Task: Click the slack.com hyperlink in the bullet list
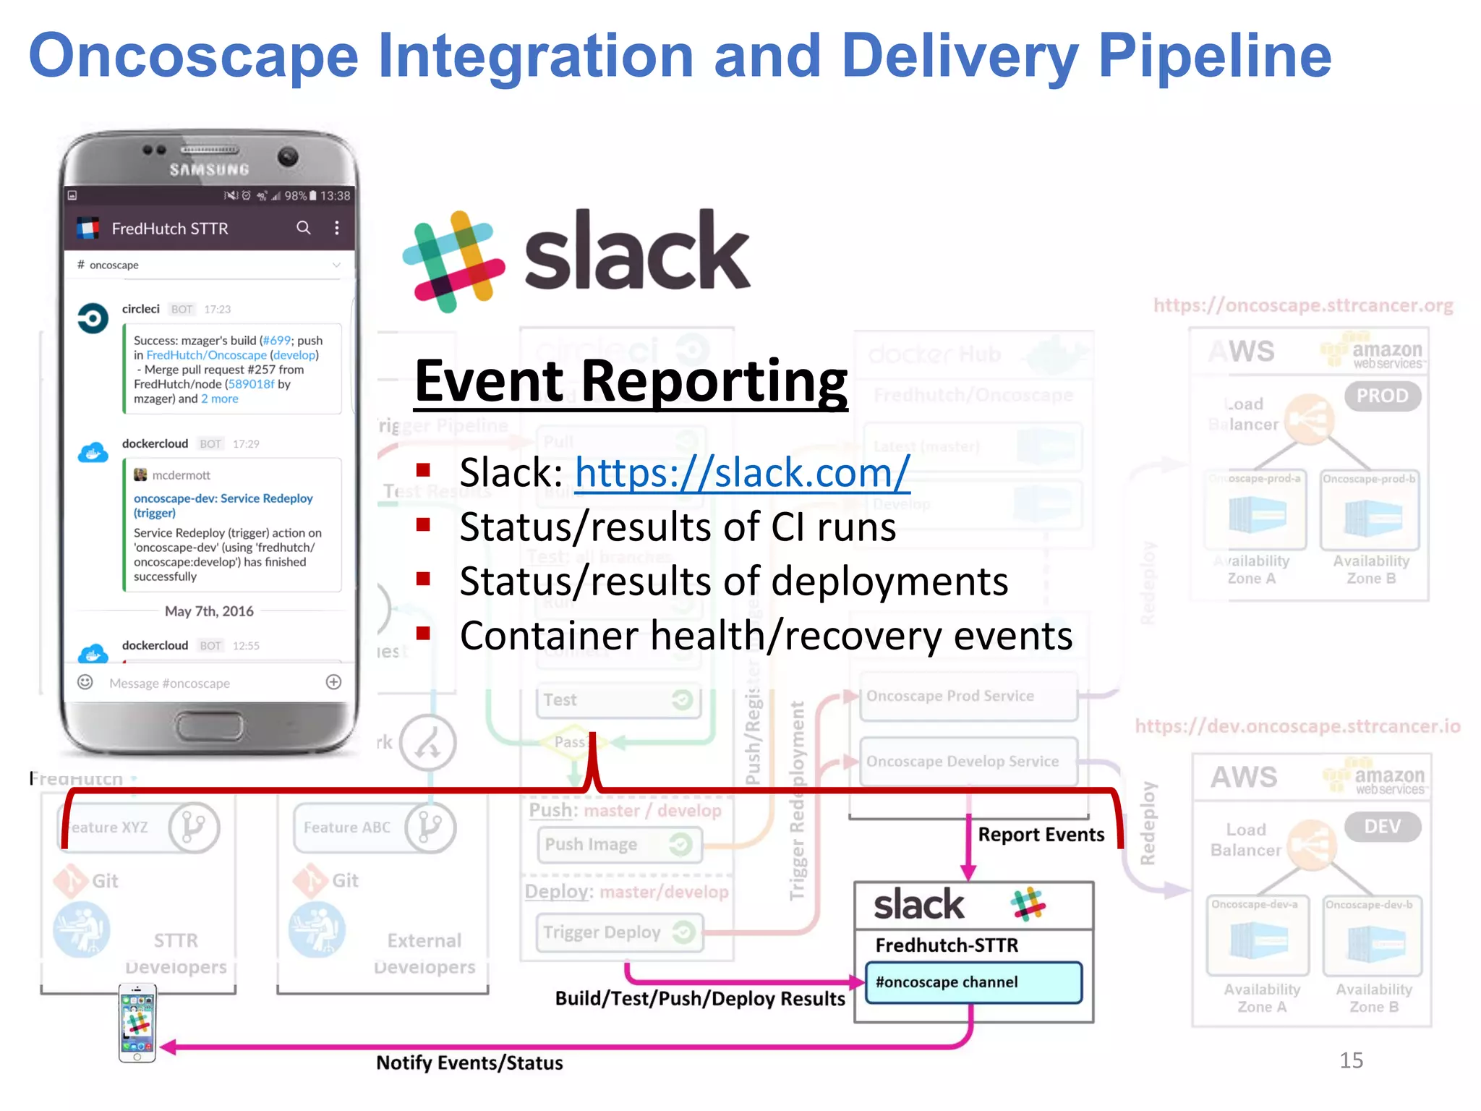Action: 742,474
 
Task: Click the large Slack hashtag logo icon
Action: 454,262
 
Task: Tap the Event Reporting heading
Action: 631,381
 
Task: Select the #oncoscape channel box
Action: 973,982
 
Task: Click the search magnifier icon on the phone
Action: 304,228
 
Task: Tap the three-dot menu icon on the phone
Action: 337,228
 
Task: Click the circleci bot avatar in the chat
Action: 93,318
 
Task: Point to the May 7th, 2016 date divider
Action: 209,611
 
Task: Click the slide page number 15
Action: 1351,1060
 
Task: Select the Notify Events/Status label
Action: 469,1063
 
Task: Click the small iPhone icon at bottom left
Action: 137,1023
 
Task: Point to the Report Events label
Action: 1041,835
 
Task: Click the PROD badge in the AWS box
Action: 1382,396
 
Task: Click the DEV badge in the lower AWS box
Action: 1382,827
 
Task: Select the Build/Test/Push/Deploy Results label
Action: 700,999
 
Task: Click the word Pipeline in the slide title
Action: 1214,56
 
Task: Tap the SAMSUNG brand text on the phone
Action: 209,170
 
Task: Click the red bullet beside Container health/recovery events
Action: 424,634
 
